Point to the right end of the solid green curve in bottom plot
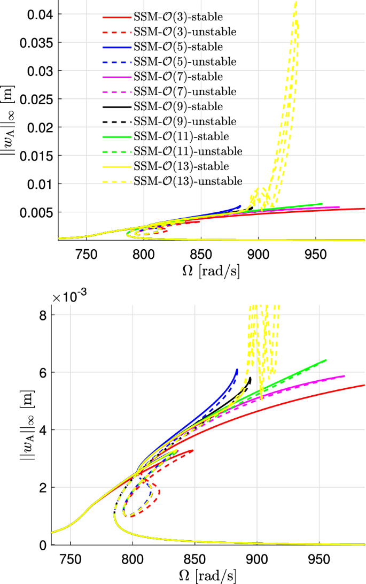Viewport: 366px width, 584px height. [325, 360]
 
